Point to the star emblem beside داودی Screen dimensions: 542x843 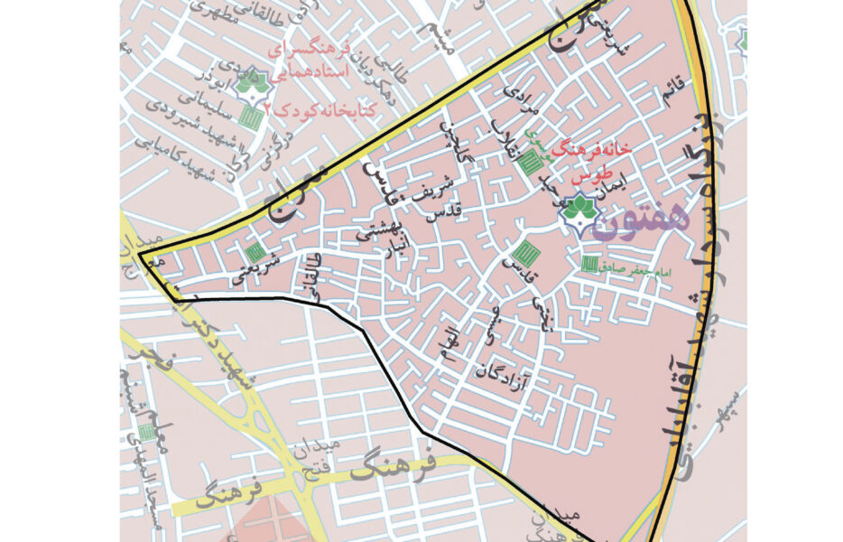pyautogui.click(x=250, y=84)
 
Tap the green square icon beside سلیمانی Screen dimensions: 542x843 pyautogui.click(x=254, y=117)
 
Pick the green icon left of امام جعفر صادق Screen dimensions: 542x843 pyautogui.click(x=589, y=264)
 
